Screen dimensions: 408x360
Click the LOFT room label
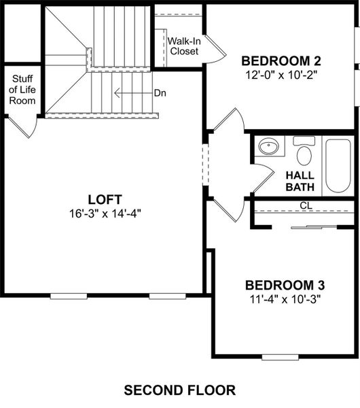(x=104, y=199)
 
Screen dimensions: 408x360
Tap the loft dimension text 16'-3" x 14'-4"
(x=104, y=212)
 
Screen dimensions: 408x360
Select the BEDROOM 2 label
(x=280, y=60)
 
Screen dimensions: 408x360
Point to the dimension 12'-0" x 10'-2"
(x=280, y=73)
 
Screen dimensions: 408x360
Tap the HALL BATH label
(x=300, y=181)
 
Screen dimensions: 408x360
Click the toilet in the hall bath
(x=304, y=152)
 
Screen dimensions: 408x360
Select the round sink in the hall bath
(x=270, y=147)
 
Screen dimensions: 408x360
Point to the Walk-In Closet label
(x=184, y=46)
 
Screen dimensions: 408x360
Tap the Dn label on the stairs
(x=160, y=92)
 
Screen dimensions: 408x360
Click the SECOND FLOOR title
(x=179, y=390)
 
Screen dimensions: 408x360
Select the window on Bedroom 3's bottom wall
(x=280, y=356)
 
